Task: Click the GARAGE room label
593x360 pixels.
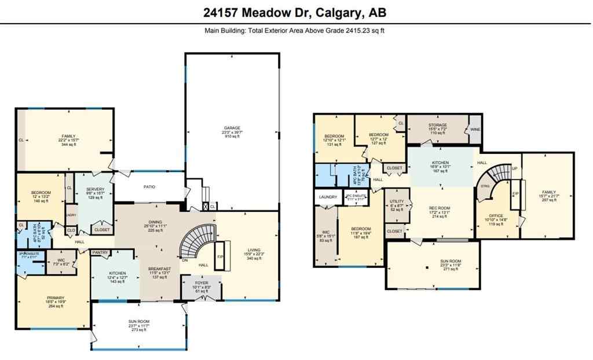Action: [x=232, y=128]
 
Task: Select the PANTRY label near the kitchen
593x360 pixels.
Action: [x=101, y=252]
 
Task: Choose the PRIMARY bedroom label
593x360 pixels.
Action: [x=56, y=297]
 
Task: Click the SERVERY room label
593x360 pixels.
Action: [x=95, y=189]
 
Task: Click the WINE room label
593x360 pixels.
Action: [x=475, y=130]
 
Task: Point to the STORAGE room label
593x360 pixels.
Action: [x=437, y=126]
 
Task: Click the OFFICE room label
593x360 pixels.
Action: [x=496, y=215]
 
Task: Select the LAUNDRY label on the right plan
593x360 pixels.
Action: [x=328, y=197]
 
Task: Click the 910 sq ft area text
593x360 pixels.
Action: [x=232, y=137]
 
